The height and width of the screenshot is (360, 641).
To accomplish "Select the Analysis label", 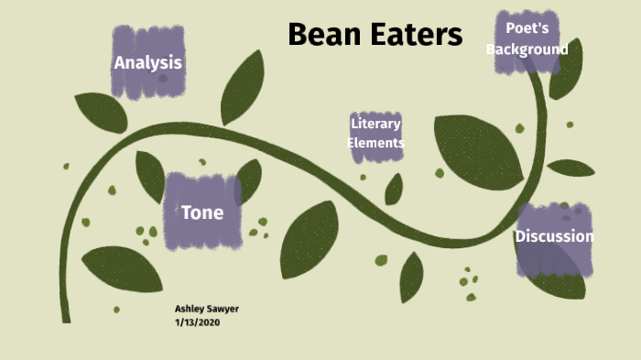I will click(147, 63).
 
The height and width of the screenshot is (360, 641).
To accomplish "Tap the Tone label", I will click(202, 213).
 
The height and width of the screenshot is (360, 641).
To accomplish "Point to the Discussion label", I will click(554, 236).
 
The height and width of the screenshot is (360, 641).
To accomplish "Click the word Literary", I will click(375, 124).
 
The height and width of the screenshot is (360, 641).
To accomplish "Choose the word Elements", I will click(375, 143).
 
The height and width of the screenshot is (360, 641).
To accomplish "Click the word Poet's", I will click(527, 28).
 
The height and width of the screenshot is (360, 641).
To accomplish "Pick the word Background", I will click(527, 49).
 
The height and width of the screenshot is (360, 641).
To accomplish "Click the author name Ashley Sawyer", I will click(207, 309).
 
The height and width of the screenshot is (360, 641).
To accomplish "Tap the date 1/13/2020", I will click(198, 322).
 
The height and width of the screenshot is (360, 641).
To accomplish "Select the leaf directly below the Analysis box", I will click(101, 112).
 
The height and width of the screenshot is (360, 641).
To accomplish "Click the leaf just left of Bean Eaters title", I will click(243, 87).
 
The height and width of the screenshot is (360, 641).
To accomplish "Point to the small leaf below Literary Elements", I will click(394, 190).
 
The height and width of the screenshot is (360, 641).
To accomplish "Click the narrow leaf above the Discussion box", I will click(570, 168).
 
